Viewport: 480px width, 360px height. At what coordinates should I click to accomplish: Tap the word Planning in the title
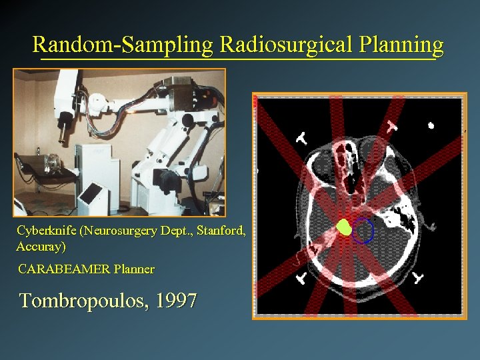coord(401,45)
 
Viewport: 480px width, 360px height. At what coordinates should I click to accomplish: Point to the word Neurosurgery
coord(126,231)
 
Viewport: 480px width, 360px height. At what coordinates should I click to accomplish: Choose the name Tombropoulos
coord(84,301)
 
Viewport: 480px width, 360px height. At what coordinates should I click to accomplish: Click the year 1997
coord(176,301)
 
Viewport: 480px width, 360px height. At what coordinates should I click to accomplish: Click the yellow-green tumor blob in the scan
coord(344,227)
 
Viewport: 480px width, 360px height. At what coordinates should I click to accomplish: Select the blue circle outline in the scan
coord(363,231)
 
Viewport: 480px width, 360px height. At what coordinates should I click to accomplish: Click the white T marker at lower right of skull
coord(419,276)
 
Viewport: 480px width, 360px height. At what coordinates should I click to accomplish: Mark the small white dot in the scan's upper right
coord(431,125)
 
